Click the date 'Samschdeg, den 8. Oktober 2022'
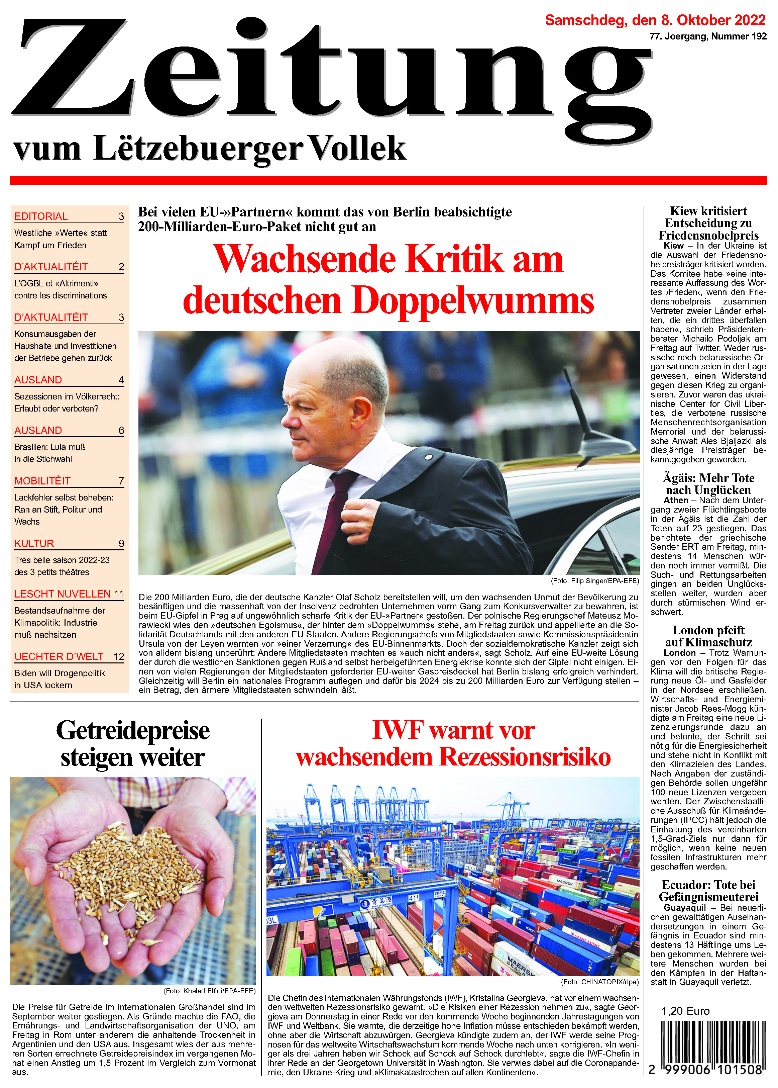point(655,20)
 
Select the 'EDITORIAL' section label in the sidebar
point(41,216)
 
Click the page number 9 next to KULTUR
point(121,544)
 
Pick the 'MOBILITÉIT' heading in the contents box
point(43,481)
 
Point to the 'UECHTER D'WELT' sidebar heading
point(59,656)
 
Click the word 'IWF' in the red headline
point(398,730)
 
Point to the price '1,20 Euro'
point(685,1011)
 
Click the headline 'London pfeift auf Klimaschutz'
point(708,636)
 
